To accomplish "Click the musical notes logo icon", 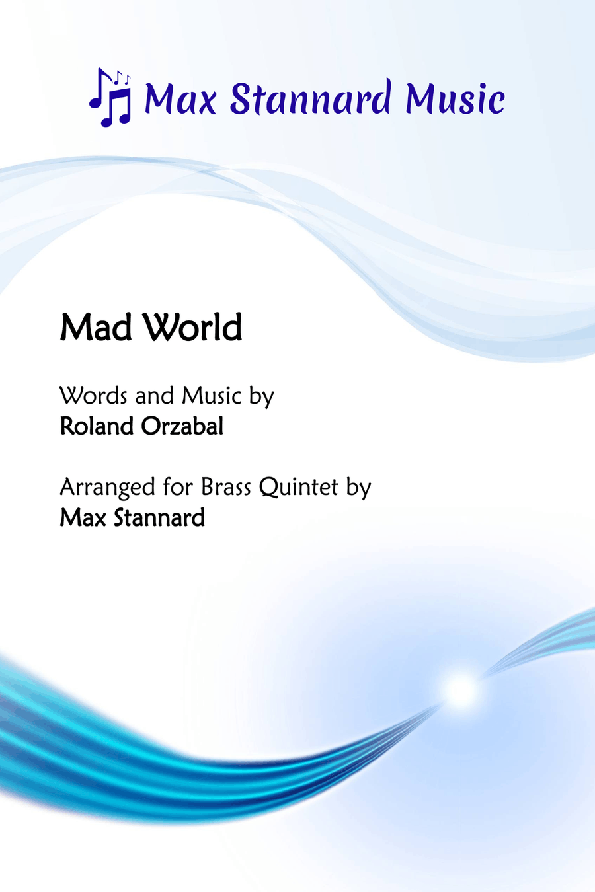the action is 110,97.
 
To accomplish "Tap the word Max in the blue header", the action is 180,98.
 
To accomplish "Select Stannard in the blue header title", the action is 311,96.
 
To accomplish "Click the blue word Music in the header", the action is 455,98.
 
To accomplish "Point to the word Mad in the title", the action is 96,327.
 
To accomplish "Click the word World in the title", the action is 192,327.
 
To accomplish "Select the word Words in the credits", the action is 94,396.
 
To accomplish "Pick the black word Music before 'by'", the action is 212,396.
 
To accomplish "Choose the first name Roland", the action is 97,426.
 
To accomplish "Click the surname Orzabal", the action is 182,426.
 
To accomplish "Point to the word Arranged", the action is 107,488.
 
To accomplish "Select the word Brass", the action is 225,486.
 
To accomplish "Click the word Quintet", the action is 299,488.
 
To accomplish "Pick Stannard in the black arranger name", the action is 159,517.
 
